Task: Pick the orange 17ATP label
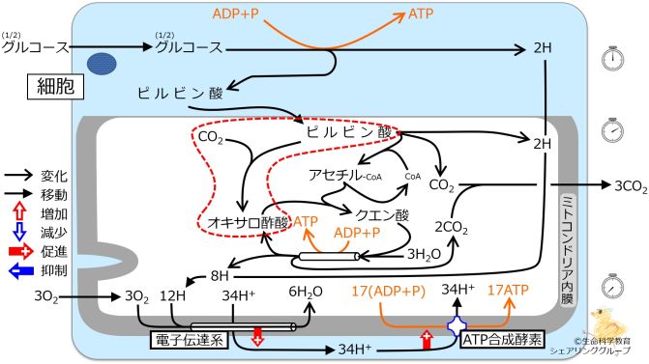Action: click(508, 290)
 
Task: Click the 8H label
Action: click(220, 275)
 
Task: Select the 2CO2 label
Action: click(450, 227)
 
